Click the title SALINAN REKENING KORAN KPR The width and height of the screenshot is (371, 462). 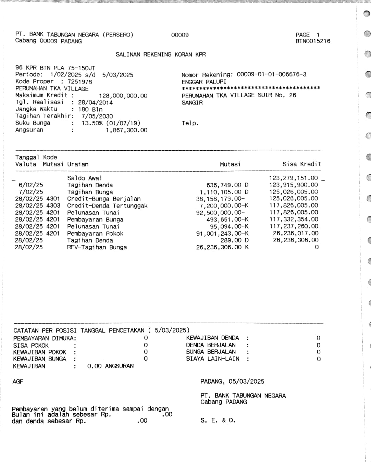[x=161, y=54]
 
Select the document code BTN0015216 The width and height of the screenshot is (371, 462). [x=313, y=41]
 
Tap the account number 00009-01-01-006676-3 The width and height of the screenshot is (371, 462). [x=271, y=74]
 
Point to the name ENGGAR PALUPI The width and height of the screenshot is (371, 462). [x=204, y=82]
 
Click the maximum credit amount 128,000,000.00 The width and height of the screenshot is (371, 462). [x=123, y=96]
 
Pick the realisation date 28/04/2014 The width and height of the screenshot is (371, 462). [x=95, y=102]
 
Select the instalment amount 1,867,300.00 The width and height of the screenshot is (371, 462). [x=126, y=130]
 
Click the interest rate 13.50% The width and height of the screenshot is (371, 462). [x=92, y=123]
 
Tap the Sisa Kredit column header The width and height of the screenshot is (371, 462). [x=301, y=164]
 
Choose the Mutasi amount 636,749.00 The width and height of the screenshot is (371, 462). [x=224, y=185]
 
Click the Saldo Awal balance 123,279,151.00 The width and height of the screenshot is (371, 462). [x=293, y=178]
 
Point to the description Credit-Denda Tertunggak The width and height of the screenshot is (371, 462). [x=107, y=206]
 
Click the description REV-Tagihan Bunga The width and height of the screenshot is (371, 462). [x=97, y=247]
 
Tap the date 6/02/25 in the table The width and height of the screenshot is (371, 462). [x=31, y=185]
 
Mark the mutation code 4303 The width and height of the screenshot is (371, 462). [x=53, y=206]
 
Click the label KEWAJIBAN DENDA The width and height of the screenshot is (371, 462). [x=212, y=338]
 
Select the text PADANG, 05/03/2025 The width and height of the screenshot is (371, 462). [x=232, y=382]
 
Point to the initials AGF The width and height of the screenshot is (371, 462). [x=18, y=382]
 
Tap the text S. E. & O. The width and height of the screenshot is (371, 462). [x=218, y=420]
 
